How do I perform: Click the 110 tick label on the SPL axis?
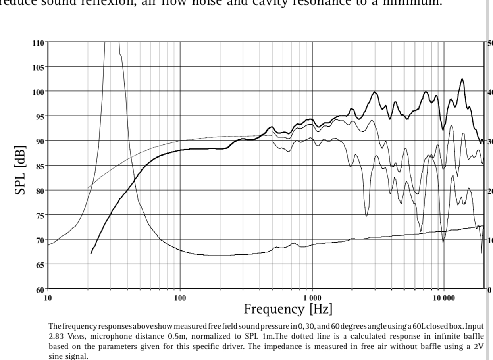[39, 42]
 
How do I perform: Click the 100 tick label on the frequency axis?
[180, 297]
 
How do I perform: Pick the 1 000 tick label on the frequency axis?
[312, 297]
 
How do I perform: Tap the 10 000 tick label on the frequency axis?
[444, 297]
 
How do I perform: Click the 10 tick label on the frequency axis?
[48, 297]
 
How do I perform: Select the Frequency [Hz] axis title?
[288, 308]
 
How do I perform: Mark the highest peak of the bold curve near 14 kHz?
[462, 79]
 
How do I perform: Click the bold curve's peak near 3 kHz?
[374, 92]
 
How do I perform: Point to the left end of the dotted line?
[88, 188]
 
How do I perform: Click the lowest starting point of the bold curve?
[91, 253]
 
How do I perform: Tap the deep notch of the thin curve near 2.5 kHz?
[366, 216]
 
